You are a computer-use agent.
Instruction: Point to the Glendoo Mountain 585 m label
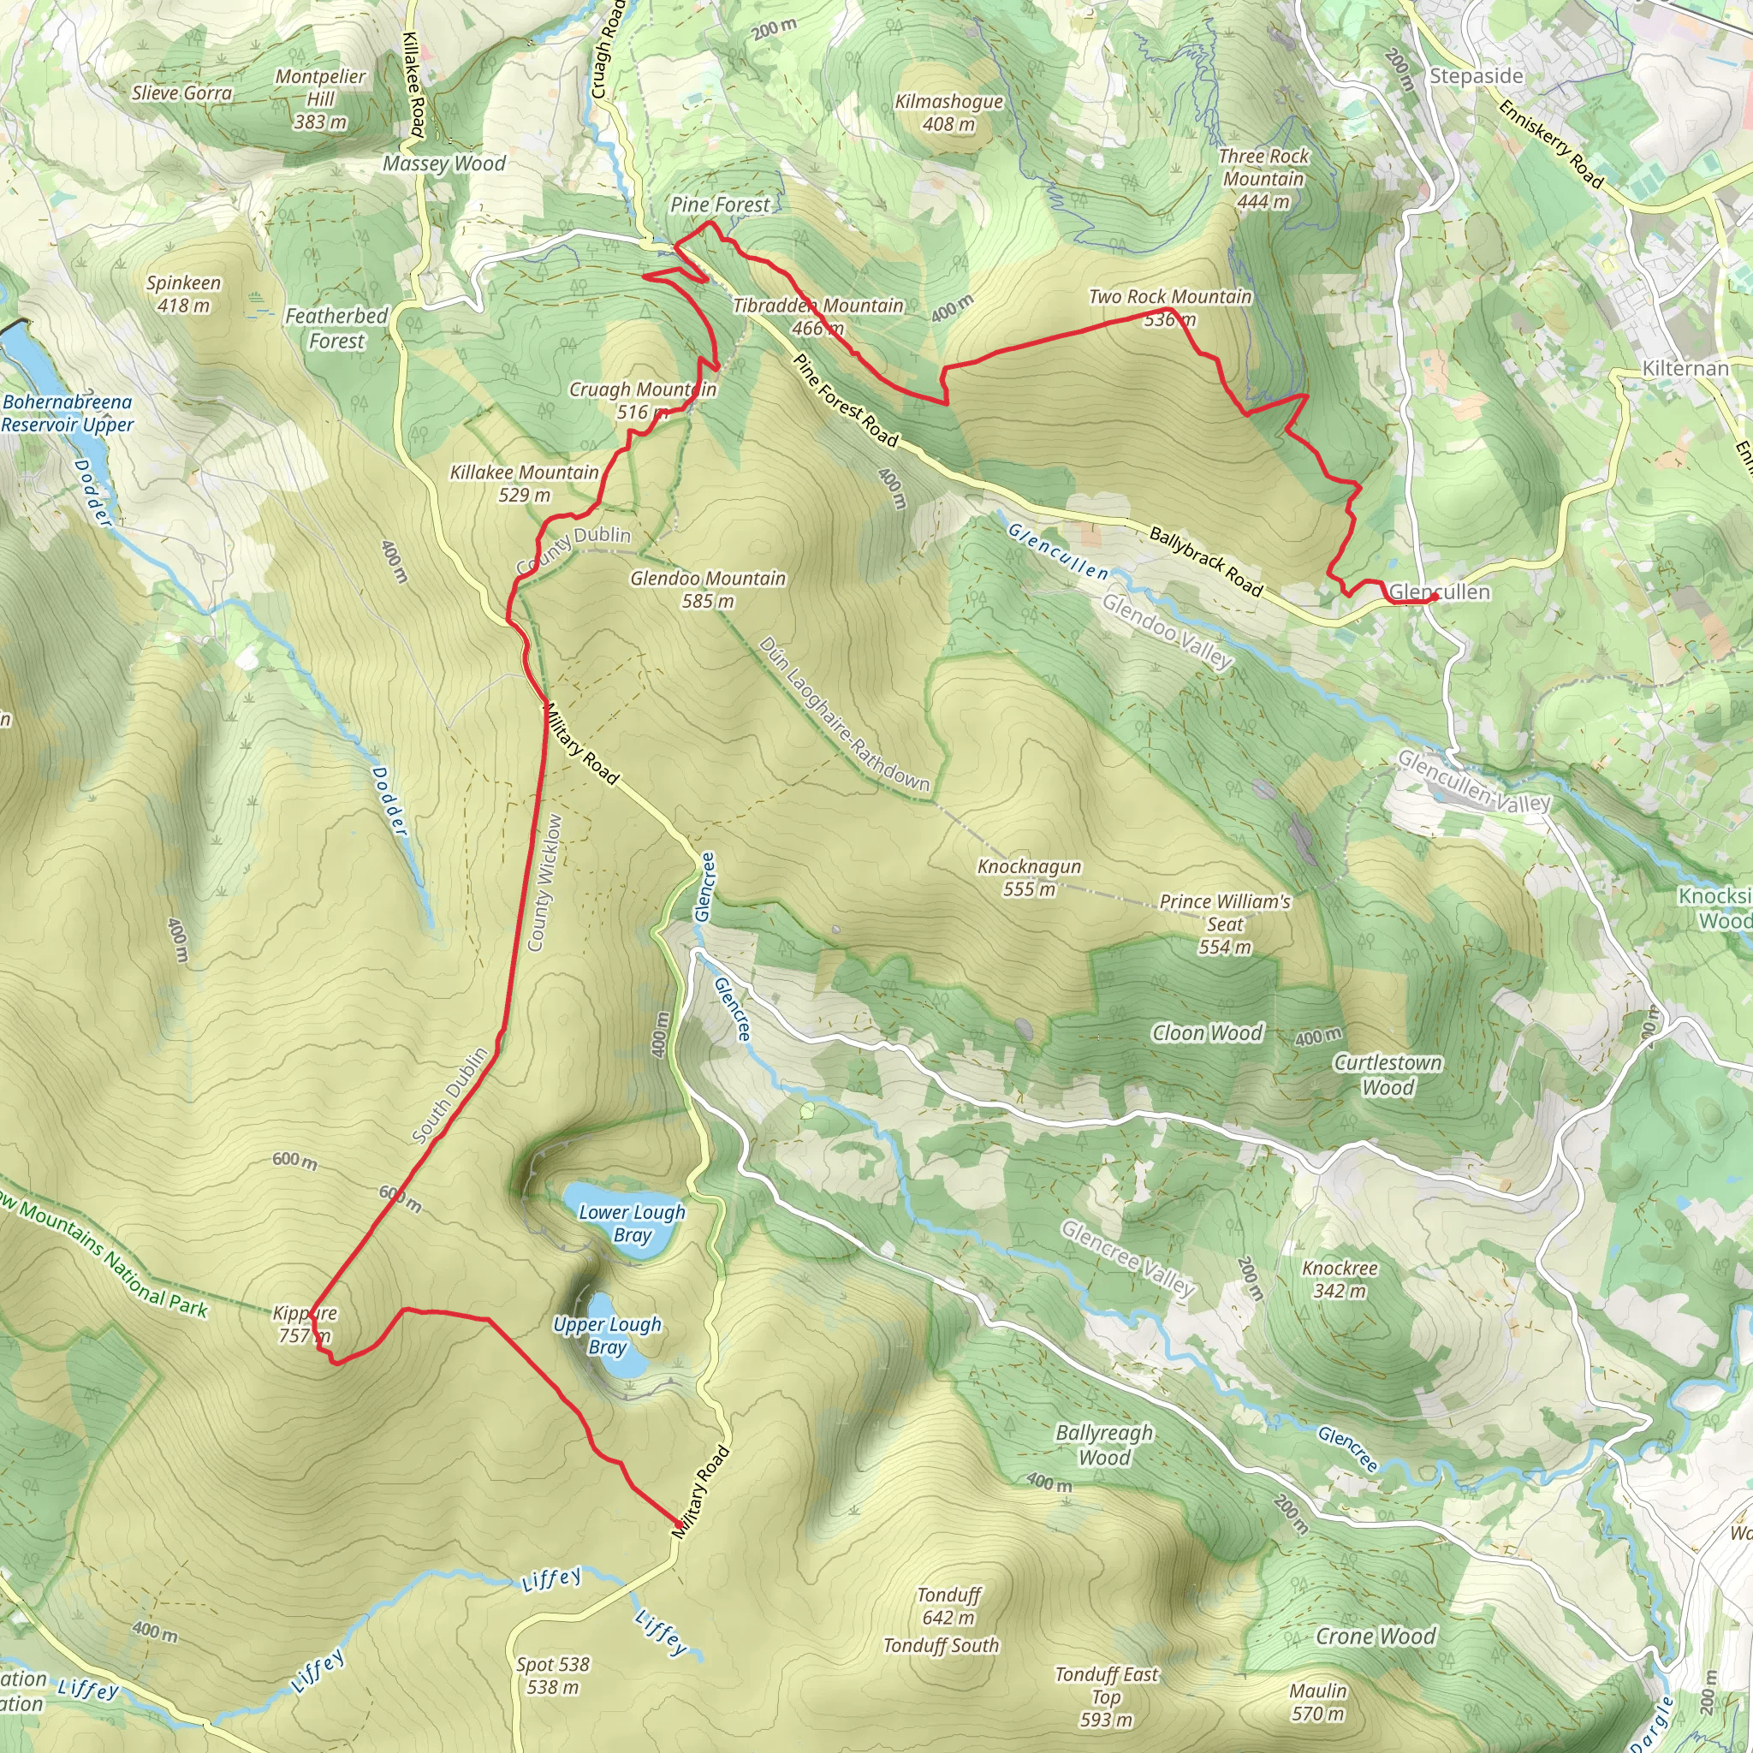[x=708, y=589]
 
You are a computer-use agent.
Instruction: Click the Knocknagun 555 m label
[x=1029, y=877]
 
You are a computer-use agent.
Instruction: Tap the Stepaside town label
[x=1477, y=76]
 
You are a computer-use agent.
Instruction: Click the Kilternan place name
[x=1685, y=368]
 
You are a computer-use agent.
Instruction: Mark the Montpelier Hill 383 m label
[x=320, y=99]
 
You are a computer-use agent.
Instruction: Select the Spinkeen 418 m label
[x=183, y=294]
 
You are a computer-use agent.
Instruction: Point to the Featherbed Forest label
[x=336, y=329]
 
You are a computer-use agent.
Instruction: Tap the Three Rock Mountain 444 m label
[x=1263, y=179]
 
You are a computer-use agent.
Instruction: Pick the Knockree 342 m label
[x=1340, y=1280]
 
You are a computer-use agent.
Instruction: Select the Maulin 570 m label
[x=1317, y=1702]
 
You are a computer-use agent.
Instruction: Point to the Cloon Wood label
[x=1207, y=1033]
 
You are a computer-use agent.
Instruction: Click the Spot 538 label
[x=553, y=1676]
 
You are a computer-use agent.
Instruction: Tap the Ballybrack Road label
[x=1206, y=561]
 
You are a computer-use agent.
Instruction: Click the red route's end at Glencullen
[x=1436, y=594]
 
